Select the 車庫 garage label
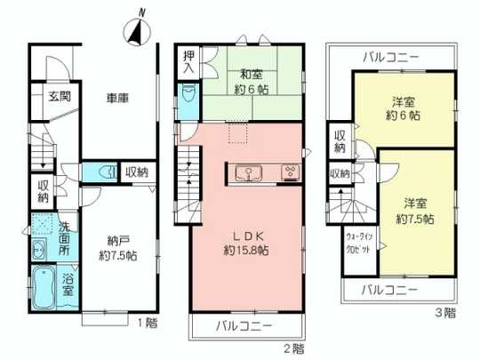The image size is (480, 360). (118, 98)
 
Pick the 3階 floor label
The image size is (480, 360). (445, 312)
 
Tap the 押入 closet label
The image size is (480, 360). (189, 62)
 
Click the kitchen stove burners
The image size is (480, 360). (290, 172)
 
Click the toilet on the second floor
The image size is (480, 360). (188, 96)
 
